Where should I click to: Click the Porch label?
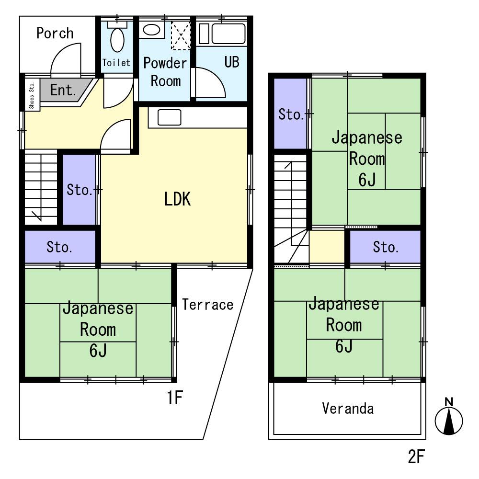pos(55,33)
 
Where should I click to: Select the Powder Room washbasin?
pos(151,30)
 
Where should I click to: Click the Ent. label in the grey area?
pos(63,90)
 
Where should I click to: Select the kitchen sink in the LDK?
pos(169,117)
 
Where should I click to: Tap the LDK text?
pos(178,199)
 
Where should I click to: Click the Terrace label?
pos(208,305)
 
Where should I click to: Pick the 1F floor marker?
pos(175,398)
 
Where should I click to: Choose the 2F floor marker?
pos(416,456)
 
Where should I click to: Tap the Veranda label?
pos(348,409)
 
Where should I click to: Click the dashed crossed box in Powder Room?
pos(181,35)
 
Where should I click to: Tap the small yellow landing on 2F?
pos(327,247)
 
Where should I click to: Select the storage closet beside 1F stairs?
pos(79,189)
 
